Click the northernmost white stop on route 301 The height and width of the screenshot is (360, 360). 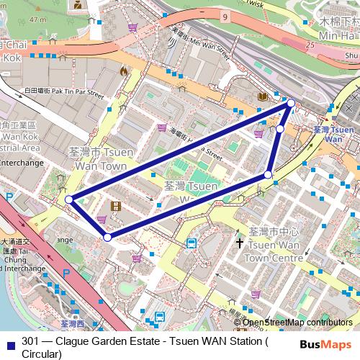point(291,104)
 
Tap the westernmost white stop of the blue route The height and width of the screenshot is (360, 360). point(68,199)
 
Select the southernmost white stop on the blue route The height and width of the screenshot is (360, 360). point(107,236)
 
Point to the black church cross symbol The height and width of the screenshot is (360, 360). point(240,244)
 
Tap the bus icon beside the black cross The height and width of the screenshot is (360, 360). point(192,243)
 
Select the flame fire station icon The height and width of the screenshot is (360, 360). point(124,71)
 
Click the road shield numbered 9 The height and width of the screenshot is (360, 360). point(225,15)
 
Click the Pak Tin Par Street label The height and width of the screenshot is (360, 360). point(65,91)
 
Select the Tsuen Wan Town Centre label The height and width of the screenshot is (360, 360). point(273,244)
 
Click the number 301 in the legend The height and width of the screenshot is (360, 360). point(30,341)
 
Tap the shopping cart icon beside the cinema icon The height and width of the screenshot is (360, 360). point(101,219)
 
